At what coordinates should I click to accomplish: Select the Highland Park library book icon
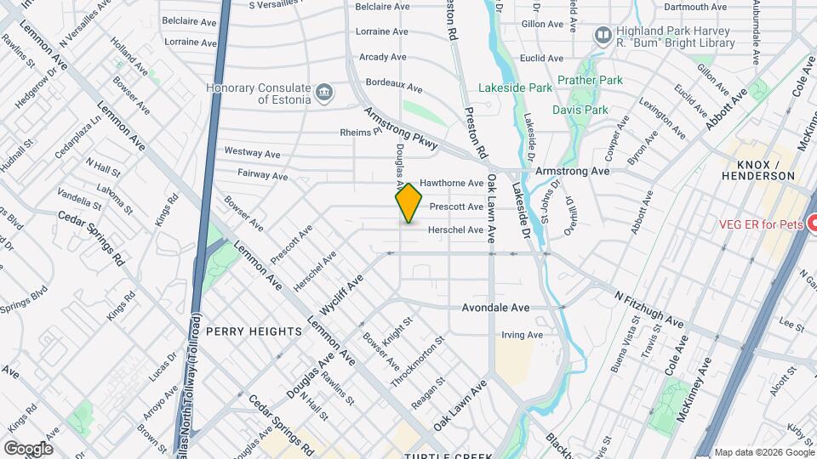coord(603,35)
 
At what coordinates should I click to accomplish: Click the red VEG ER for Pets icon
coord(811,224)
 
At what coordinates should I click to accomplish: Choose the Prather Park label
coord(591,81)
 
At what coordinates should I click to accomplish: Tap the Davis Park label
coord(580,110)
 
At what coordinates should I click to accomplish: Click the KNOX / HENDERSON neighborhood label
coord(757,169)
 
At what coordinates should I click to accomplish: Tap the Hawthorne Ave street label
coord(451,183)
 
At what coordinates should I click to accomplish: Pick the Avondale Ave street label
coord(496,308)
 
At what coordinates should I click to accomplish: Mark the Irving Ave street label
coord(522,335)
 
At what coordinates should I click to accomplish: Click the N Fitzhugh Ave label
coord(649,310)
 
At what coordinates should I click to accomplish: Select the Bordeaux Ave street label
coord(393,86)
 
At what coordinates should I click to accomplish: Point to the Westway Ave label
coord(252,153)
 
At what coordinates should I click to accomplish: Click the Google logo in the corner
coord(28,448)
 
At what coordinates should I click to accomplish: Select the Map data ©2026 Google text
coord(763,452)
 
